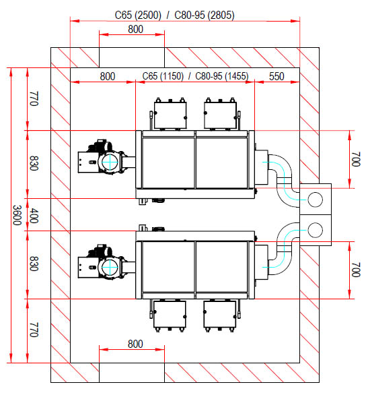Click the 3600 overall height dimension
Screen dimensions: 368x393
17,215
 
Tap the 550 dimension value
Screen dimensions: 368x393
277,76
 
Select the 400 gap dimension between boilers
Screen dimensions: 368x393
34,215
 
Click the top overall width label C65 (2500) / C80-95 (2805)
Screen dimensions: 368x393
175,15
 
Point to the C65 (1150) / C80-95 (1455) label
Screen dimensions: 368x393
195,76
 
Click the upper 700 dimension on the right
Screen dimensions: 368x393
356,159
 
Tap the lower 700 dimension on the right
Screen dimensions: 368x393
356,270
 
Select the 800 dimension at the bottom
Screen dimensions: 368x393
135,344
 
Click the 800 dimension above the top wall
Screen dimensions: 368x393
136,29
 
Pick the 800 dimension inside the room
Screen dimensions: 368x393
108,76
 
